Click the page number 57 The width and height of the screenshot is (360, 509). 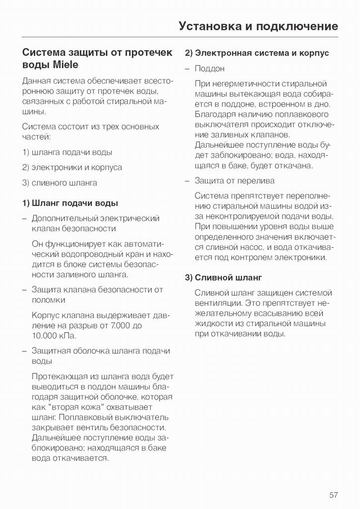click(333, 495)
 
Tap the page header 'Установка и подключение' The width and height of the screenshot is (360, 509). click(258, 26)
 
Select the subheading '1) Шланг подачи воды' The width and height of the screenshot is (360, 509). click(70, 203)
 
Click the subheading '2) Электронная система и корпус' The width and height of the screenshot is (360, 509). click(257, 53)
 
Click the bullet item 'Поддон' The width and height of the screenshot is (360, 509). click(209, 69)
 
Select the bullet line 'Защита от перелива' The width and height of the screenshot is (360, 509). click(234, 180)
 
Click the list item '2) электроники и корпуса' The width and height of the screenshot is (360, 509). click(72, 168)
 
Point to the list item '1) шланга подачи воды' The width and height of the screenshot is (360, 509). click(67, 152)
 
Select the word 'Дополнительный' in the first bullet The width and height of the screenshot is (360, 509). click(65, 218)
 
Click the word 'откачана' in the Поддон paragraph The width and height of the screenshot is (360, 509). click(295, 166)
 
